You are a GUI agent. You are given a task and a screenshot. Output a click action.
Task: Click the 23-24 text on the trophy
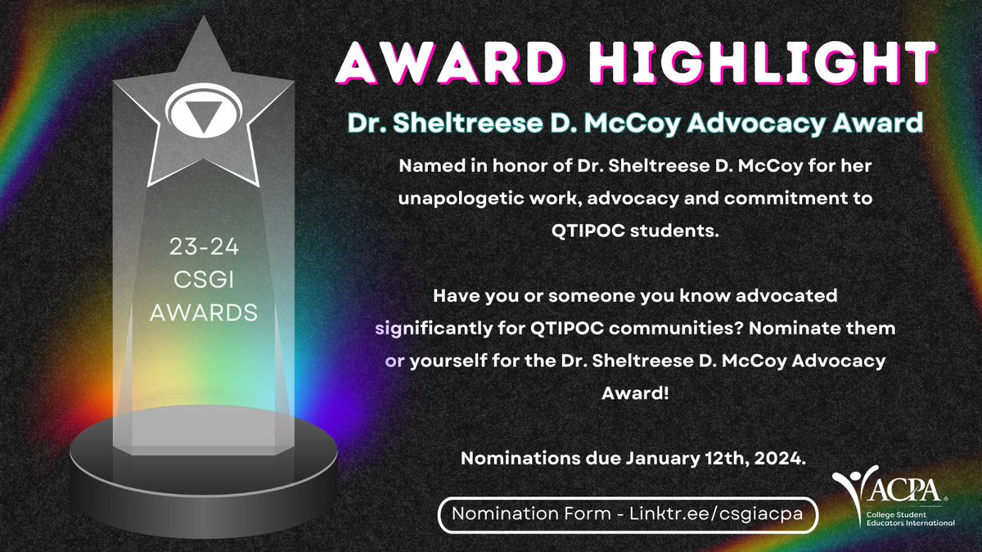(x=202, y=246)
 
